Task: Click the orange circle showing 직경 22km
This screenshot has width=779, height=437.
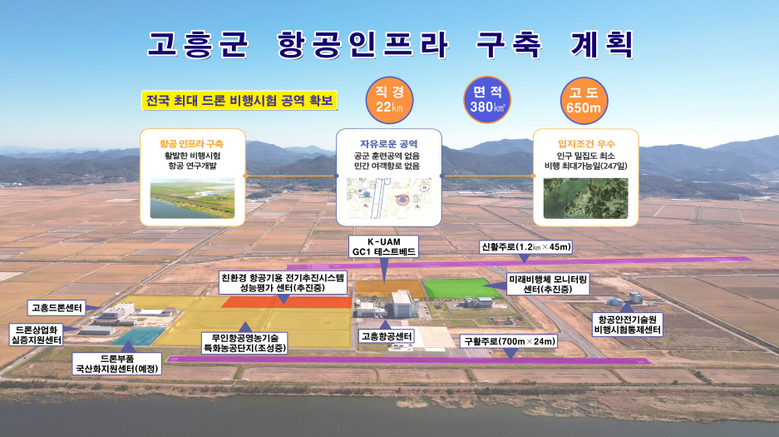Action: tap(389, 100)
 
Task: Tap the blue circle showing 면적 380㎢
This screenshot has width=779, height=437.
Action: tap(487, 100)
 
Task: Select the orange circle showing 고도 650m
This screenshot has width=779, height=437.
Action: tap(584, 100)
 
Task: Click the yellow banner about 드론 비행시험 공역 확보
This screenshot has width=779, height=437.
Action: tap(239, 101)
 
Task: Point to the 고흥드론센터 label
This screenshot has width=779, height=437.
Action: tap(57, 308)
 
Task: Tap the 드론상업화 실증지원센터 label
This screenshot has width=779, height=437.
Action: tap(36, 335)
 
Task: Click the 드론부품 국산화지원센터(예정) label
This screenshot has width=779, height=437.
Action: tap(116, 364)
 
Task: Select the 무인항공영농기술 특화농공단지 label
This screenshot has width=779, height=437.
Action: tap(245, 343)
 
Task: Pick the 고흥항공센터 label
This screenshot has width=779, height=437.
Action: tap(387, 336)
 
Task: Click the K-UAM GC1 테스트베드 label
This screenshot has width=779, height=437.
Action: tap(383, 246)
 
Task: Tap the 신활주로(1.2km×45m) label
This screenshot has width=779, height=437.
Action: tap(526, 247)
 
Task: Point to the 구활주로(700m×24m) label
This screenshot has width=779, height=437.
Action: tap(509, 341)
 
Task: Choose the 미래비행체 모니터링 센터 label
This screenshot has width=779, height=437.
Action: tap(548, 284)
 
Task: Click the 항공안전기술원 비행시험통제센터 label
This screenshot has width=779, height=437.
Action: tap(628, 325)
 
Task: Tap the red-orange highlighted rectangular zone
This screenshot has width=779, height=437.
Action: tap(287, 302)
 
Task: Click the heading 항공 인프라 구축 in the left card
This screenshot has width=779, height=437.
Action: tap(191, 144)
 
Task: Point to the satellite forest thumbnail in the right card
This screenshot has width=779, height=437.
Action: tap(586, 199)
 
